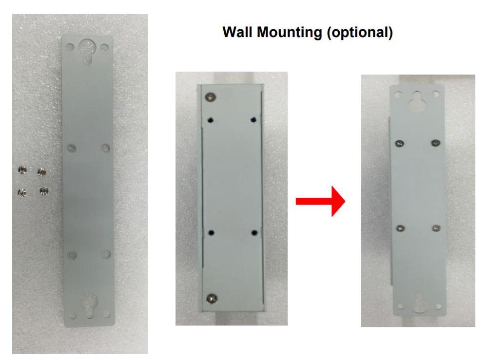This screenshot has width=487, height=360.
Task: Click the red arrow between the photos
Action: pos(321,201)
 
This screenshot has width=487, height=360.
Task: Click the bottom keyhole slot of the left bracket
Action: pos(90,306)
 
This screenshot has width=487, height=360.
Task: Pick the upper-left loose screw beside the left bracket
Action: pos(22,170)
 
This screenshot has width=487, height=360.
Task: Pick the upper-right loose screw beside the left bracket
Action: pos(42,171)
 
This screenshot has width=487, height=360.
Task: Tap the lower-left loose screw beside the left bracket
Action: pos(22,192)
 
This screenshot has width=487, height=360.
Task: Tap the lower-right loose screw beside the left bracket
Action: pos(44,190)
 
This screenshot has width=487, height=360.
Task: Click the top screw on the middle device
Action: pos(211,97)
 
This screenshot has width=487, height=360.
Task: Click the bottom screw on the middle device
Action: pos(212,299)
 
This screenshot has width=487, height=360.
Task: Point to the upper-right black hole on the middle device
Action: pos(254,119)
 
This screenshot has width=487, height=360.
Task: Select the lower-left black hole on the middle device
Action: pos(211,232)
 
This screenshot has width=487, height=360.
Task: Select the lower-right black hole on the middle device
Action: pos(254,232)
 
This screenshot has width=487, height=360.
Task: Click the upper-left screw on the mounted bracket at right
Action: pos(399,143)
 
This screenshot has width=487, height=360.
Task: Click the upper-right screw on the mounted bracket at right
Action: pos(436,143)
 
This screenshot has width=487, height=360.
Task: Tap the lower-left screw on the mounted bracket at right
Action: pos(400,228)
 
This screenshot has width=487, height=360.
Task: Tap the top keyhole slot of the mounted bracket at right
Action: pos(417,101)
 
